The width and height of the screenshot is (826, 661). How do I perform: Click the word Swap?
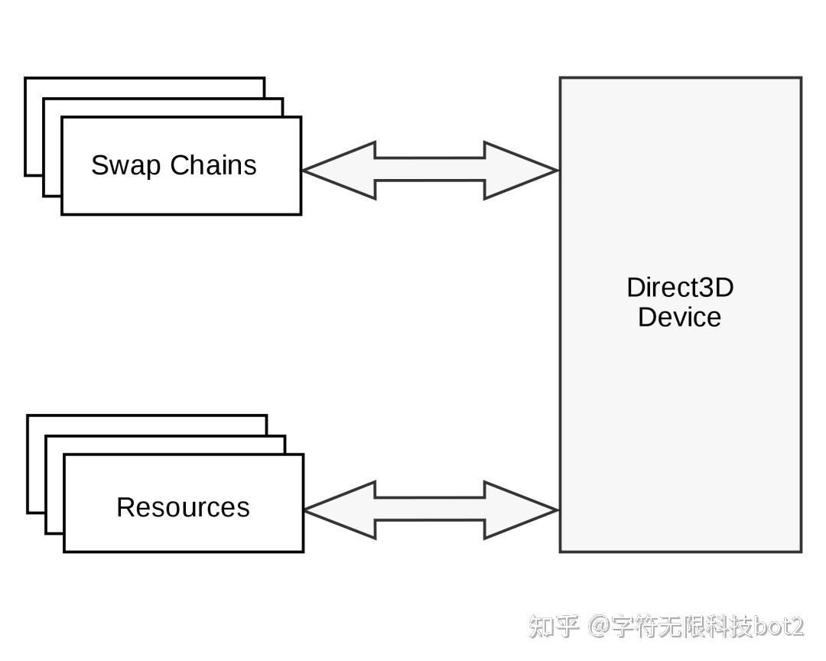[127, 166]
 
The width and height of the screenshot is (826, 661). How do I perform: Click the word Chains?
[213, 165]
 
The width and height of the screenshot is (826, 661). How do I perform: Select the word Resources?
[183, 507]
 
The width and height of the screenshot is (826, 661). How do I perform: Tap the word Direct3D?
[680, 288]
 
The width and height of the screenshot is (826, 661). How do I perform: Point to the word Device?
[679, 317]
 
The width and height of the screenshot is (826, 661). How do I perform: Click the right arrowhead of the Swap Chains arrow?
[520, 171]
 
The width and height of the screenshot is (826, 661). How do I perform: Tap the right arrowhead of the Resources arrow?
[520, 510]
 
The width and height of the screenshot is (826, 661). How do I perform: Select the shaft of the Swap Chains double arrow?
[429, 170]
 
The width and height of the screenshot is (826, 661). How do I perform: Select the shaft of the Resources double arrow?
[429, 510]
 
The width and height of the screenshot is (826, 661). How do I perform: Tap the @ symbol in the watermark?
[600, 627]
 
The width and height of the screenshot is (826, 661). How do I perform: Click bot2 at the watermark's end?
[779, 627]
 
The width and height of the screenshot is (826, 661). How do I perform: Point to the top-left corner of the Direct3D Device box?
[561, 78]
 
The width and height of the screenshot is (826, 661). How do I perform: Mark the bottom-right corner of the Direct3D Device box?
[801, 551]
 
